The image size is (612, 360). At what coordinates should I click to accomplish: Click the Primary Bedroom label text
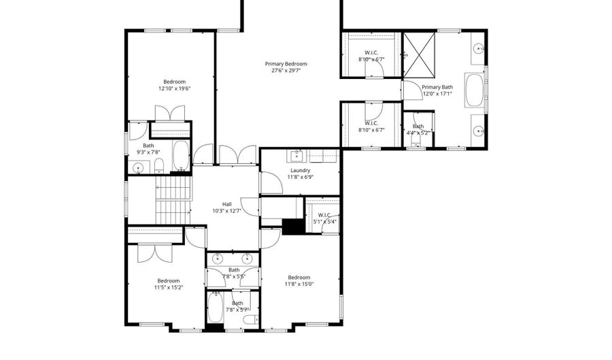click(286, 63)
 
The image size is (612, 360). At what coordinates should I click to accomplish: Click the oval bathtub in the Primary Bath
click(475, 91)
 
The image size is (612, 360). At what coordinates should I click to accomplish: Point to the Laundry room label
click(300, 170)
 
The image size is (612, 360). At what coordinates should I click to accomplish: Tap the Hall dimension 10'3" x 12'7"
click(227, 211)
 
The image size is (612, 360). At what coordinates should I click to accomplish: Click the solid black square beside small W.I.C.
click(293, 227)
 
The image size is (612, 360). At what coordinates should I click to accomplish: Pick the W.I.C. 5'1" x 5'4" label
click(324, 218)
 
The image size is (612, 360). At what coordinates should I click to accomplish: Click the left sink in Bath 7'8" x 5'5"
click(218, 259)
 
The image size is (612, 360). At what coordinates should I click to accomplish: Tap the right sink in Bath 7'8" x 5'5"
click(247, 259)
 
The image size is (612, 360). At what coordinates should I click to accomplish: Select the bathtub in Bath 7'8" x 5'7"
click(216, 308)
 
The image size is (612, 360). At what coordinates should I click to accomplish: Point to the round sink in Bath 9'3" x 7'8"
click(139, 167)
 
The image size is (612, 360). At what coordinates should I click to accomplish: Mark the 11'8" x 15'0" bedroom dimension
click(299, 284)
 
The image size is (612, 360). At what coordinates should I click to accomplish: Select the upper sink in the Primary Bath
click(478, 48)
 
